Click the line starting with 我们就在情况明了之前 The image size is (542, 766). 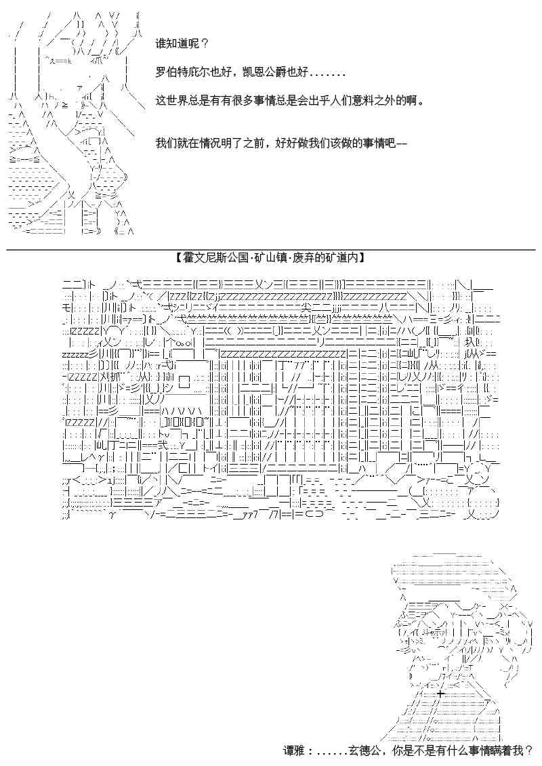click(281, 144)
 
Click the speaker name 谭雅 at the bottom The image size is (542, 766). click(294, 751)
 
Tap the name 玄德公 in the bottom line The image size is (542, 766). click(366, 751)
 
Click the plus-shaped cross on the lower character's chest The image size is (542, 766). click(440, 694)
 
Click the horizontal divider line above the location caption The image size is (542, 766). click(271, 249)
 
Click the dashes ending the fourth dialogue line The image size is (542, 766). click(400, 144)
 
